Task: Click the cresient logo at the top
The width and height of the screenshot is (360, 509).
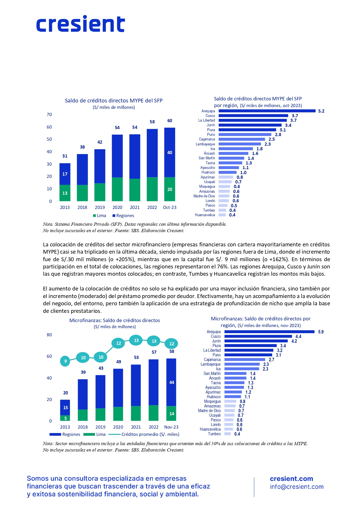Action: click(x=81, y=24)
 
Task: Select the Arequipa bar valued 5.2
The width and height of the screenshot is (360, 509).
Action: click(x=267, y=111)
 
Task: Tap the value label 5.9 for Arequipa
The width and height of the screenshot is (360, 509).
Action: click(x=321, y=332)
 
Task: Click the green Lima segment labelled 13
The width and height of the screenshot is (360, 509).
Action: click(x=65, y=193)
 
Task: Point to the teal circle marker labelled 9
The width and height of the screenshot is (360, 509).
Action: click(x=66, y=361)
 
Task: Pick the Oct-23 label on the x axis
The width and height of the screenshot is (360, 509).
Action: click(x=170, y=207)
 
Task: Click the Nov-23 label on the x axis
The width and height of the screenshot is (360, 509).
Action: click(x=171, y=427)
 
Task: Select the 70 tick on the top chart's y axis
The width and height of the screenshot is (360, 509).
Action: click(x=49, y=115)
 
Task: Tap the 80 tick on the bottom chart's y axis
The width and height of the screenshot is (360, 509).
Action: click(x=49, y=335)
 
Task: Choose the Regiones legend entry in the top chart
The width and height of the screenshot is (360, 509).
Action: click(x=123, y=216)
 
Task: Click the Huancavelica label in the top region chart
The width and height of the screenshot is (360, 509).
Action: click(x=205, y=215)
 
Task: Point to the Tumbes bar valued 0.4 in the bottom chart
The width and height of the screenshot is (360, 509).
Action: click(x=228, y=434)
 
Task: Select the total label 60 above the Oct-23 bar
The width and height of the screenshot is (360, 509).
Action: click(x=170, y=121)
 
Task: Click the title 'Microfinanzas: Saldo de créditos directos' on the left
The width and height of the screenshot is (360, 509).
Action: click(x=115, y=320)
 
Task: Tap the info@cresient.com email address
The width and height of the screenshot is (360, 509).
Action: click(x=296, y=487)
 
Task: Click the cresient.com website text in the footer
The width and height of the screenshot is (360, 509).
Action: click(x=291, y=479)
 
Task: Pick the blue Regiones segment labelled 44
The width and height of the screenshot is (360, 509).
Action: click(x=171, y=382)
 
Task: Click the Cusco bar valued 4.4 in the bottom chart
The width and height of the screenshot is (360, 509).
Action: click(x=258, y=336)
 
